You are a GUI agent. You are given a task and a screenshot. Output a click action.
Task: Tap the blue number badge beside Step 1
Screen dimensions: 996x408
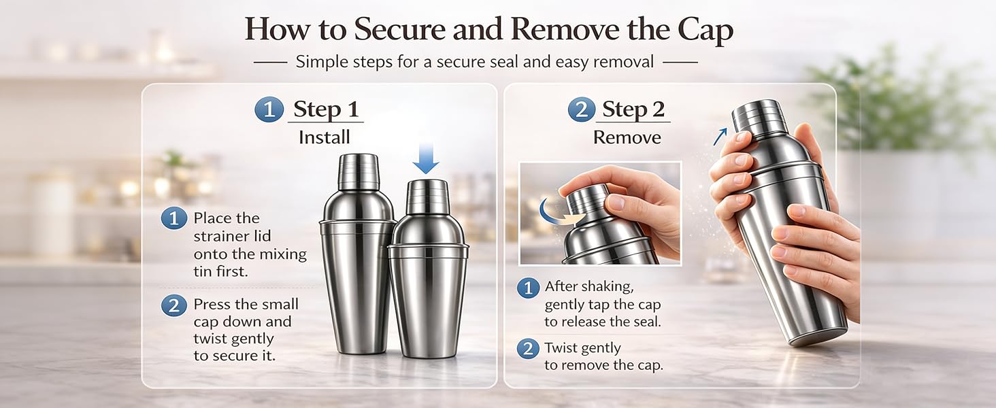pos(269,109)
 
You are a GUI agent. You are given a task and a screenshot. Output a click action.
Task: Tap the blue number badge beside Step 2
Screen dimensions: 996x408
pos(582,109)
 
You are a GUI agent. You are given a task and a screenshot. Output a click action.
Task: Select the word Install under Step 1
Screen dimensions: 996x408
pos(324,137)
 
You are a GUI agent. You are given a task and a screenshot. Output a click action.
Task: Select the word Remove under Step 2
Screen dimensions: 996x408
pos(627,137)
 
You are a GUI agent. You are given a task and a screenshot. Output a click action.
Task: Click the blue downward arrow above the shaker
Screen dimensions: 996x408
pos(425,158)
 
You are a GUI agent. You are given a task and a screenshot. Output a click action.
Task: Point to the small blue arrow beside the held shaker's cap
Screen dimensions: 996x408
pos(720,137)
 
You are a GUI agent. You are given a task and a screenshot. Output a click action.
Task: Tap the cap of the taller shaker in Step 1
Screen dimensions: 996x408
pos(359,171)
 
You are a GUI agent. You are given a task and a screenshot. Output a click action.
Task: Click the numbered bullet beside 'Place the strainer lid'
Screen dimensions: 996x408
pos(174,218)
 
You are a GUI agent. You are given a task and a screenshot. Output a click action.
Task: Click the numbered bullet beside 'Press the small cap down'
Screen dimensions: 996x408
pos(174,305)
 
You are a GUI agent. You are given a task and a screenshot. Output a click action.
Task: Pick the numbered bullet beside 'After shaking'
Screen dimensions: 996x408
pos(528,288)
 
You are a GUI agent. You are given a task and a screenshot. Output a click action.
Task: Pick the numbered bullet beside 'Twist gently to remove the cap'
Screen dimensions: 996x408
pos(528,349)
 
